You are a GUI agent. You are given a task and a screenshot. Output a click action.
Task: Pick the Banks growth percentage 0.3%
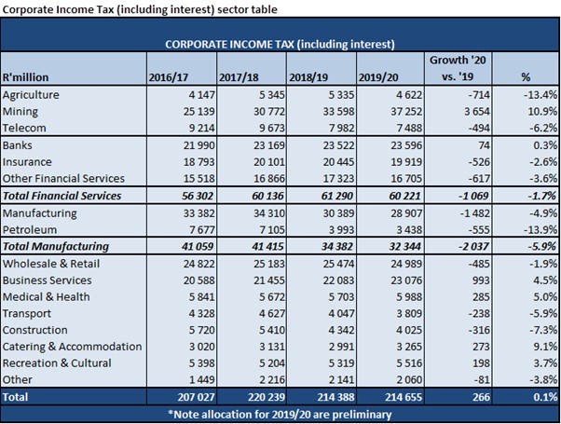[534, 146]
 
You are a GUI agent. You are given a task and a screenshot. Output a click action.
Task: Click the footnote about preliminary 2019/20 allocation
[280, 413]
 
